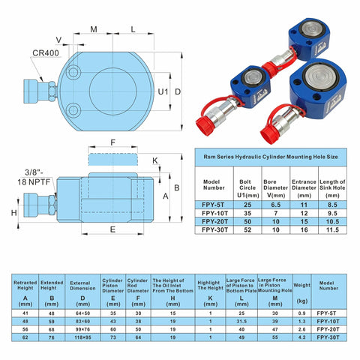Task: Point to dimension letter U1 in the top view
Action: pyautogui.click(x=162, y=91)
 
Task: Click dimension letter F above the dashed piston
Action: pyautogui.click(x=113, y=141)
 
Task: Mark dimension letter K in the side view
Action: pyautogui.click(x=155, y=160)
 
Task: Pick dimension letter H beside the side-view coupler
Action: pyautogui.click(x=14, y=212)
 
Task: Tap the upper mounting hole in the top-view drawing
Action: pyautogui.click(x=73, y=73)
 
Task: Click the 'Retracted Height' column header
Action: pyautogui.click(x=25, y=284)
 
